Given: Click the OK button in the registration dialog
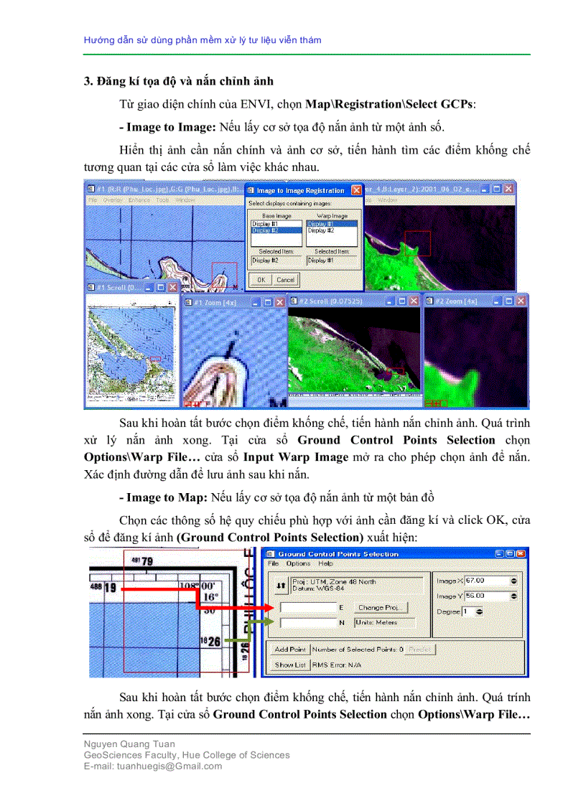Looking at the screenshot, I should (x=261, y=279).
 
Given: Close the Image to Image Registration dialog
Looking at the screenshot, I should (x=355, y=191).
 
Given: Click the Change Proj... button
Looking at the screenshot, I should (x=381, y=607).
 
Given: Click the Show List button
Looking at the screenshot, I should (x=290, y=665).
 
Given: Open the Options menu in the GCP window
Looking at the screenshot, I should (x=298, y=563).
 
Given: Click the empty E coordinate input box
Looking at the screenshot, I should (x=307, y=608).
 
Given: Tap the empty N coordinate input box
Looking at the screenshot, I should (x=307, y=622).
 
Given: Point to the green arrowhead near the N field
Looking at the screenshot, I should (x=269, y=622).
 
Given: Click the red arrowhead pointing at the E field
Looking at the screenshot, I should (x=269, y=607).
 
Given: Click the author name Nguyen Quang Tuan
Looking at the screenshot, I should (x=129, y=744).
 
